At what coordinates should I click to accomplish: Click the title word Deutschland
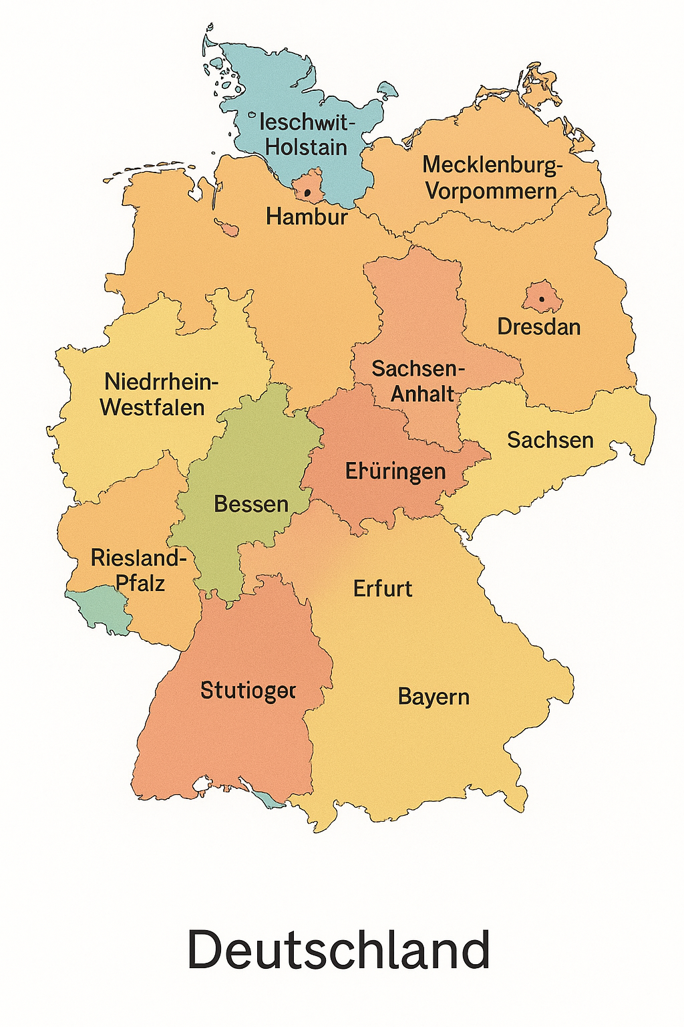(339, 949)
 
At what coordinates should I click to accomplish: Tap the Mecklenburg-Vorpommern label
(492, 177)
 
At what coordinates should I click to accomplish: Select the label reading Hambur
(307, 217)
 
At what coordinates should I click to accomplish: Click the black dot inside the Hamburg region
(308, 193)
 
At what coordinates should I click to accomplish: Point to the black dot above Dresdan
(542, 299)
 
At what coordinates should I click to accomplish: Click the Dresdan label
(539, 327)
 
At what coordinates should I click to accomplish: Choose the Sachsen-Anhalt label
(417, 381)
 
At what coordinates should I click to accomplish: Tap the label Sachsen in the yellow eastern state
(550, 440)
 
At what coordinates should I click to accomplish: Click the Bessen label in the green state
(251, 504)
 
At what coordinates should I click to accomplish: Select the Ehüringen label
(395, 471)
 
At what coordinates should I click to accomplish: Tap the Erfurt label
(383, 589)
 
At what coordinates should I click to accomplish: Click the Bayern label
(434, 697)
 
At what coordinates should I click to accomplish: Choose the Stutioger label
(248, 690)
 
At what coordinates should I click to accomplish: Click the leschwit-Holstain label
(304, 134)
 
